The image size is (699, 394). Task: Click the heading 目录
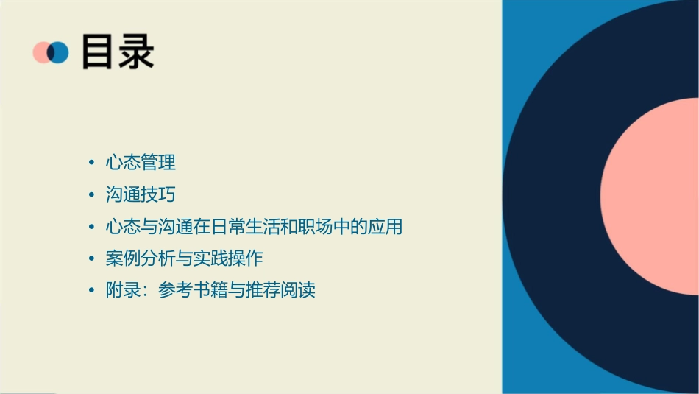118,52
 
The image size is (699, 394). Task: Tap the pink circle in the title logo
42,52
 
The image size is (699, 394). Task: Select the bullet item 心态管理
141,162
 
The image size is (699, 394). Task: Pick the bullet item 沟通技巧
141,194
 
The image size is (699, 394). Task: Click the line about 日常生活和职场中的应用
254,226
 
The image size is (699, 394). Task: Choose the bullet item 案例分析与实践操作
184,258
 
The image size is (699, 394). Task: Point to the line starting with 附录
210,290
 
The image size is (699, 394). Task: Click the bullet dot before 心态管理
91,163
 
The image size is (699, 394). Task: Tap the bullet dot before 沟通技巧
91,195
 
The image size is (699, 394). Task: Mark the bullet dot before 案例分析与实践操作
91,259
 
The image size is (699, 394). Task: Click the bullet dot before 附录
91,291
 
